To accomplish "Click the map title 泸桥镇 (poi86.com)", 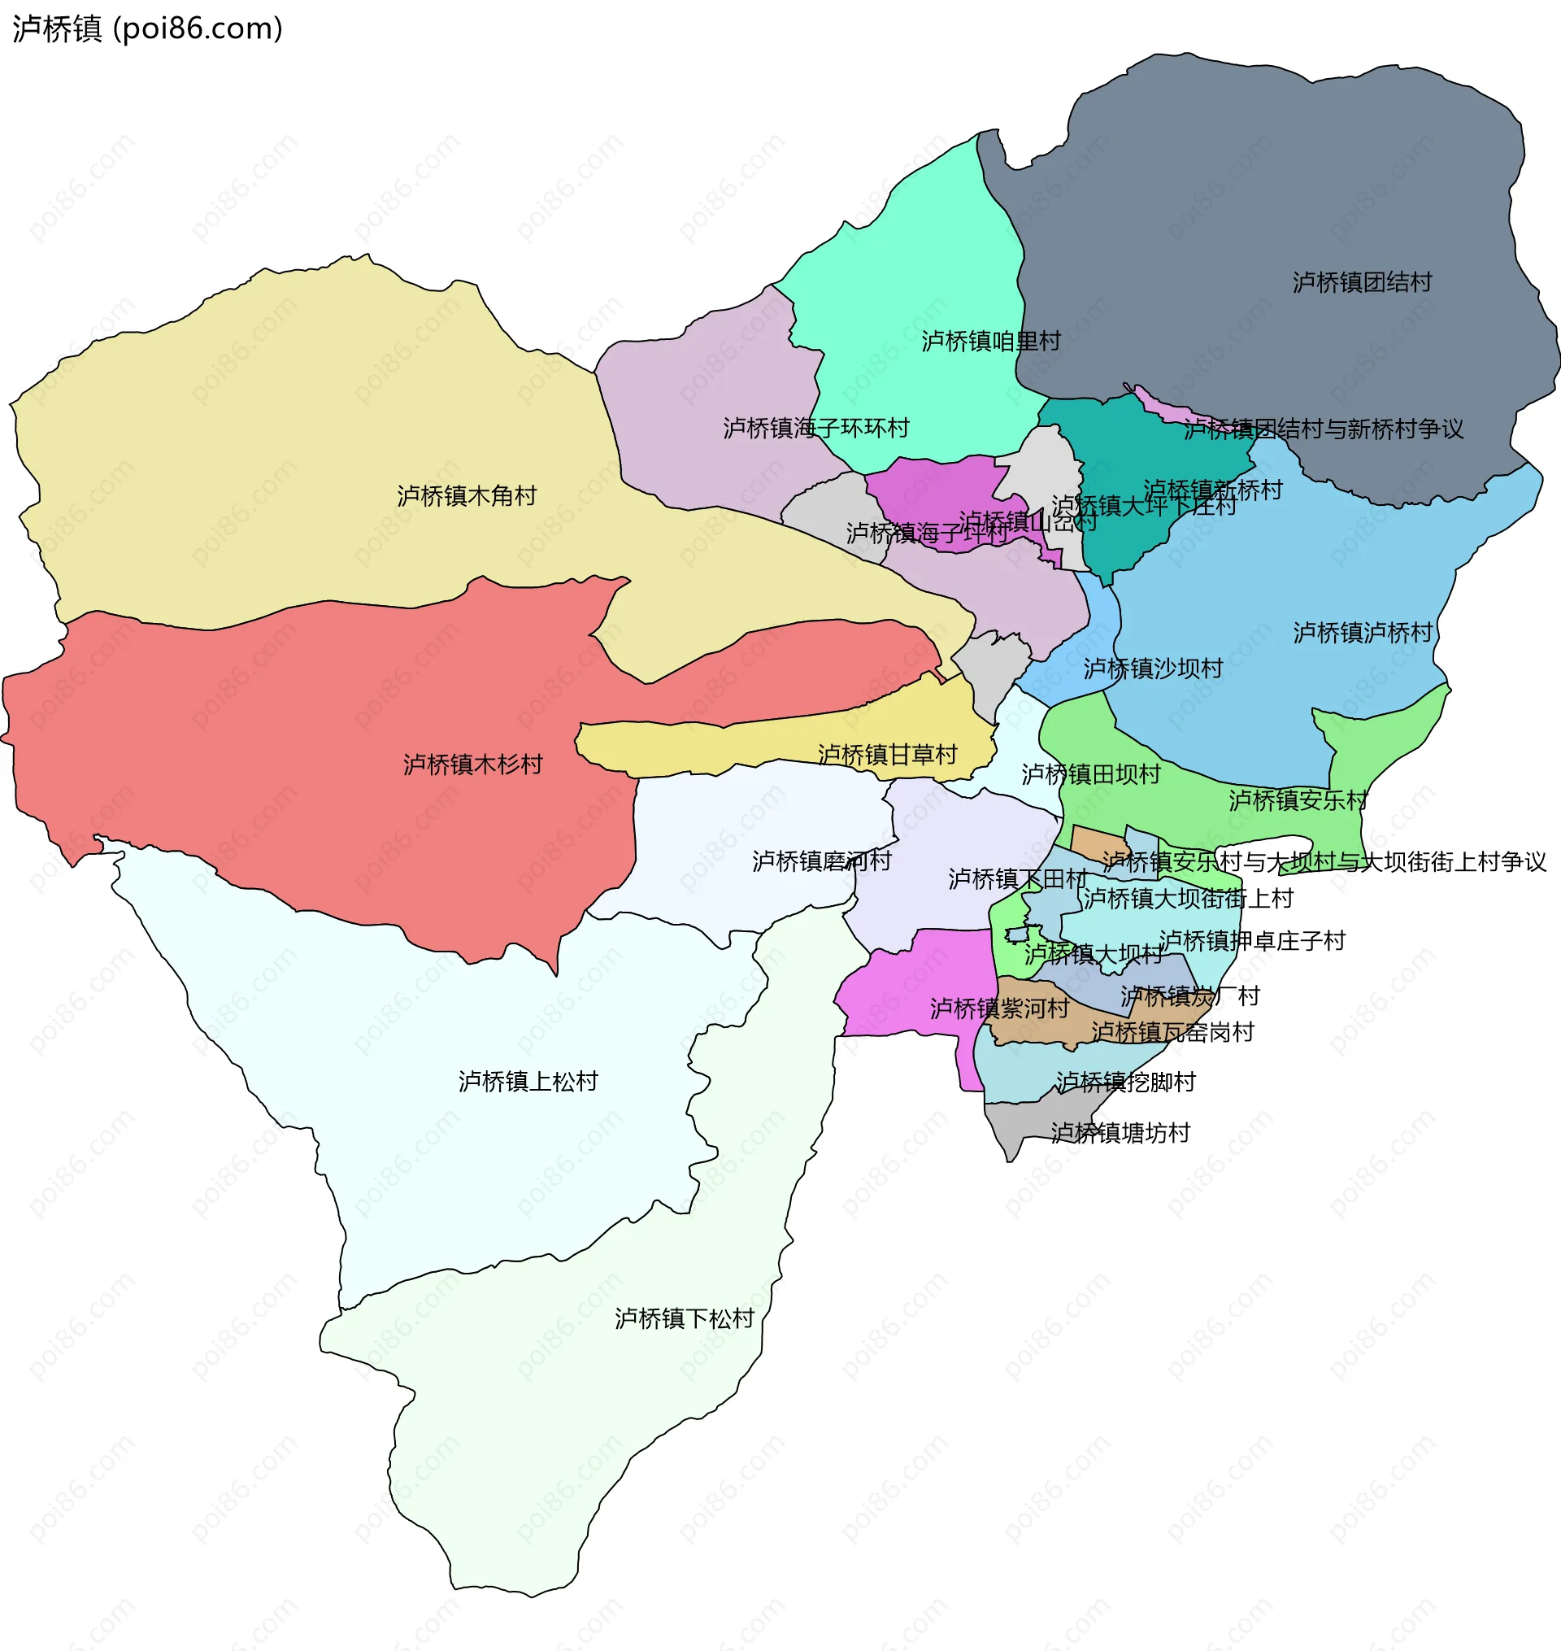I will tap(147, 28).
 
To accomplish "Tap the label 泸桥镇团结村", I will tap(1362, 282).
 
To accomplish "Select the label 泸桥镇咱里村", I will tap(991, 342).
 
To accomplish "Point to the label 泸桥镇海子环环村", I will tap(816, 428).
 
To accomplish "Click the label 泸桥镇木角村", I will tap(467, 496).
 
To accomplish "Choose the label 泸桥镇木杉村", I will tap(472, 764).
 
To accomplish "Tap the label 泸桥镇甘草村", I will tap(888, 755).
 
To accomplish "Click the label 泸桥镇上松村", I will tap(528, 1081).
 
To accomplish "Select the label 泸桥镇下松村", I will tap(684, 1318).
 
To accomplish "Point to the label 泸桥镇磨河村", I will tap(822, 860).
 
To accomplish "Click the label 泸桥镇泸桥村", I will tap(1363, 633).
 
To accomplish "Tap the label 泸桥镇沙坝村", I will tap(1154, 669).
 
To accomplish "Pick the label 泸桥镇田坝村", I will tap(1091, 774).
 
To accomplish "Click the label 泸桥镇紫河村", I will tap(999, 1008).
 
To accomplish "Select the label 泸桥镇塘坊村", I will tap(1120, 1133).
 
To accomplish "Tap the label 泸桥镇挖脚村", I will tap(1126, 1082).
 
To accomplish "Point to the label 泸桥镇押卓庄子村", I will tap(1252, 940).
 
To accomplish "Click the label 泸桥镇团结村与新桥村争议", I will tap(1323, 429).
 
